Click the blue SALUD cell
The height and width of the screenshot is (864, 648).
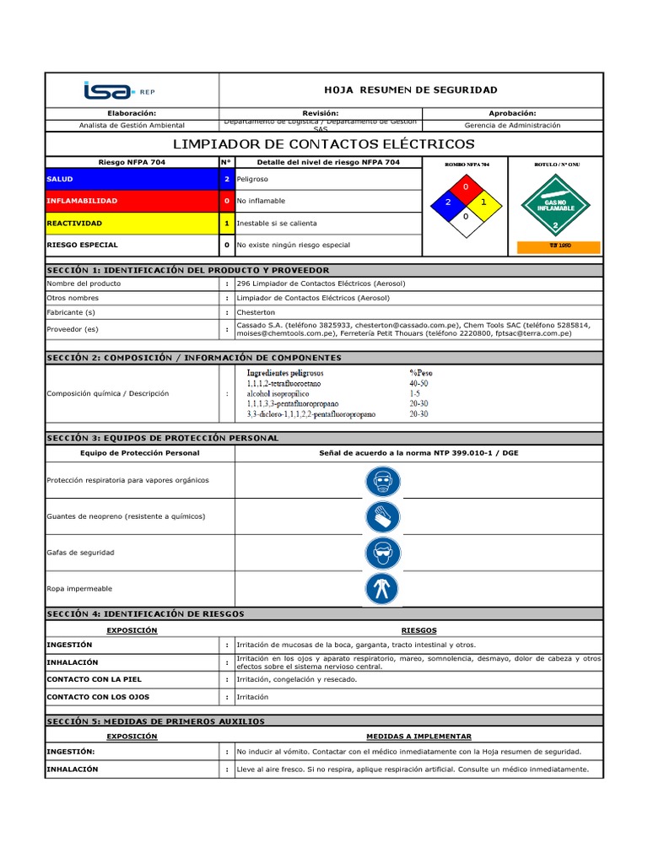(132, 180)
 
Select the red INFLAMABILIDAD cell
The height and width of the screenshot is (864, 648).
(132, 202)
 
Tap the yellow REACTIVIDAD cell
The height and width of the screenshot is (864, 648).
(132, 224)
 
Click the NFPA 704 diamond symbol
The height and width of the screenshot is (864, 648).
(466, 202)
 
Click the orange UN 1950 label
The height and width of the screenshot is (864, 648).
(558, 246)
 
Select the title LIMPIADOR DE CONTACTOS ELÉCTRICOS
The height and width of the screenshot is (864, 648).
(324, 144)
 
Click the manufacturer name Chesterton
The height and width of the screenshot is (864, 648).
(256, 312)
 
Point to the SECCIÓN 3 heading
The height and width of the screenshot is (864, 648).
(162, 439)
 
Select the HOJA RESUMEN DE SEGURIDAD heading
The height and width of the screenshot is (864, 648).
(411, 90)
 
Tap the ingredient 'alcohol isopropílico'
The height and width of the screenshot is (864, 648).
(278, 394)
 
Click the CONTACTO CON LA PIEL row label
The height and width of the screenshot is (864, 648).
(94, 679)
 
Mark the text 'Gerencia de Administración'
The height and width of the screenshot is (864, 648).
(512, 125)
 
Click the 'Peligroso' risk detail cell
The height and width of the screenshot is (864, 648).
(252, 180)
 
